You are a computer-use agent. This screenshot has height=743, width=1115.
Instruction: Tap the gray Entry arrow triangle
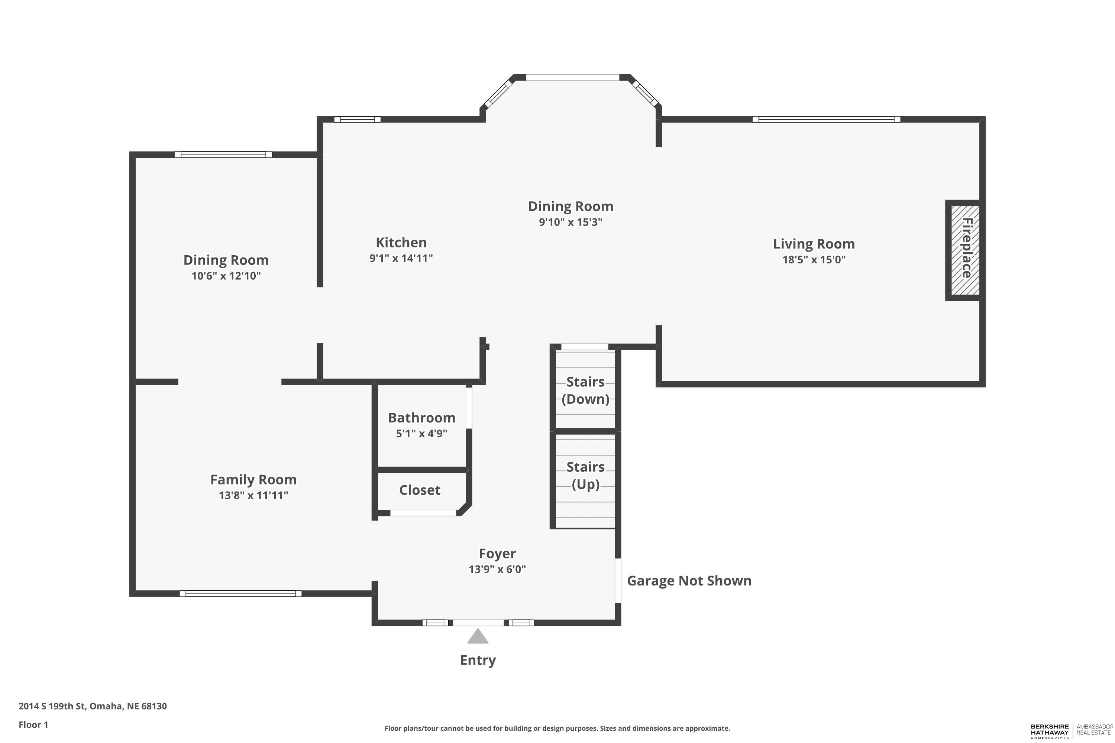(x=478, y=636)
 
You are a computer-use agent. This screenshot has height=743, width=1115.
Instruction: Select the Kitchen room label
(x=401, y=242)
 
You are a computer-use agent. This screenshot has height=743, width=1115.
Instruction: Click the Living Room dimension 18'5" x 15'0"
(x=814, y=259)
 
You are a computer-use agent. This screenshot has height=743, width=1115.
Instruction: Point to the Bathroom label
(x=421, y=418)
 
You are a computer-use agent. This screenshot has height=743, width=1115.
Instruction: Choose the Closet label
(x=420, y=490)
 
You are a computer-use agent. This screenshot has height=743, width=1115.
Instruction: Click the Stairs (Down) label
(x=585, y=390)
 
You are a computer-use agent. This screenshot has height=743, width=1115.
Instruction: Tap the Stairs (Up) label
(x=585, y=476)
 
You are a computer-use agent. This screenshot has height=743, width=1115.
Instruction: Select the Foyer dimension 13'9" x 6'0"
(x=497, y=569)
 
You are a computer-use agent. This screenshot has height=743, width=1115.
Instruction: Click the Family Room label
(x=253, y=480)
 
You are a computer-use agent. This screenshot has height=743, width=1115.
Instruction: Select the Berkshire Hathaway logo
(x=1072, y=731)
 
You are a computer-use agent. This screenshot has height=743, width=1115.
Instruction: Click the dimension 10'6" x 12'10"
(x=226, y=276)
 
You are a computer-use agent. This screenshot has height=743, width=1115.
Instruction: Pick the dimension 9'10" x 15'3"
(x=570, y=222)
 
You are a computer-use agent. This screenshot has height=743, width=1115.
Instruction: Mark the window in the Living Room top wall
(x=826, y=119)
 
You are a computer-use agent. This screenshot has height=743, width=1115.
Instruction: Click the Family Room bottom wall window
(x=240, y=593)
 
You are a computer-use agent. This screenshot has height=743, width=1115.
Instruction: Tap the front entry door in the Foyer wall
(x=478, y=623)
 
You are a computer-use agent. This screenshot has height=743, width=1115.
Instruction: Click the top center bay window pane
(x=572, y=77)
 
